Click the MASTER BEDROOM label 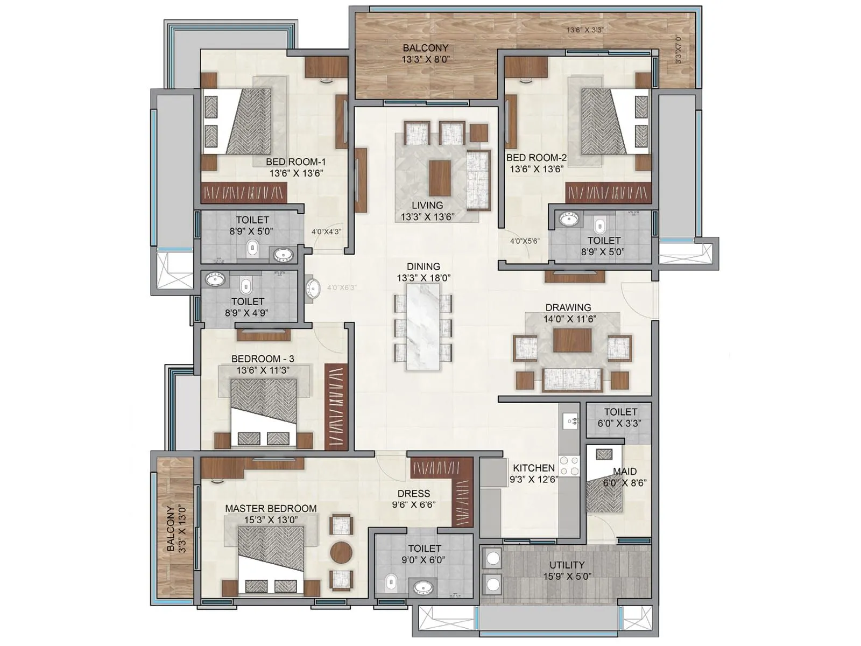coord(271,508)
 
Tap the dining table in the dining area coord(423,326)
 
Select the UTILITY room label coord(567,565)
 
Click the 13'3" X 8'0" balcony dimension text coord(425,60)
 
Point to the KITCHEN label coord(533,468)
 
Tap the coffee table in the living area coord(440,178)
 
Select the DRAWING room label coord(568,307)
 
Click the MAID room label coord(624,472)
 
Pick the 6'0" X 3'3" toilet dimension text coord(619,424)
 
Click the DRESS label coord(413,493)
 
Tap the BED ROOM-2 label coord(537,158)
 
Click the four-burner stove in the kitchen coord(569,466)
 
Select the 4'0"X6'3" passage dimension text coord(341,287)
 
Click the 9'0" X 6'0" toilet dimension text coord(424,560)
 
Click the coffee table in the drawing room coord(572,340)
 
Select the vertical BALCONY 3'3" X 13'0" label coord(177,529)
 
